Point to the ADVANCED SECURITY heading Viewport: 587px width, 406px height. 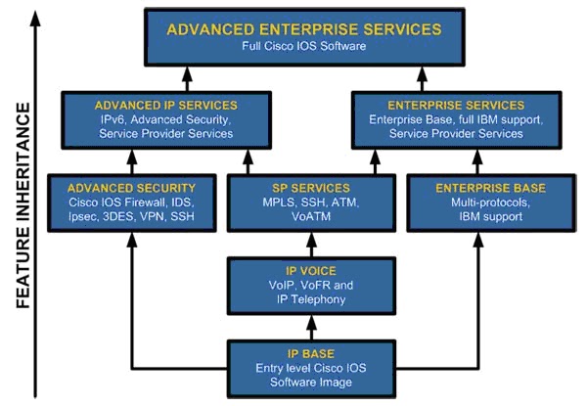point(130,187)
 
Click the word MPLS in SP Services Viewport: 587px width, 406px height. point(252,203)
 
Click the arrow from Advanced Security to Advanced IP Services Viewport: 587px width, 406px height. point(129,159)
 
